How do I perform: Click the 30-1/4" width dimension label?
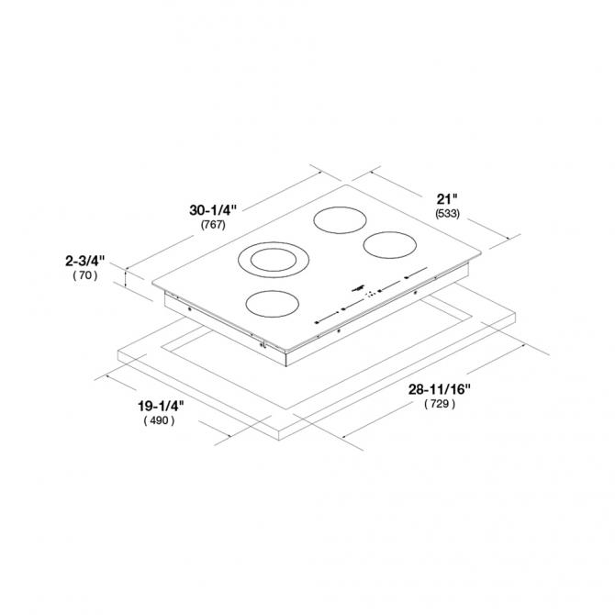click(x=213, y=210)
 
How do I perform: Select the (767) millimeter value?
click(x=213, y=225)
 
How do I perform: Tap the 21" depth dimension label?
click(x=447, y=199)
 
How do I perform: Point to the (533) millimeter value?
click(x=447, y=214)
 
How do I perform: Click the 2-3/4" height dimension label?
click(x=85, y=261)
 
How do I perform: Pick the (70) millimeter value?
click(x=85, y=275)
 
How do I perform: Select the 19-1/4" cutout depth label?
click(x=161, y=406)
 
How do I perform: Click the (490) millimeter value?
click(x=159, y=420)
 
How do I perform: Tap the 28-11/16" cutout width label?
click(x=440, y=389)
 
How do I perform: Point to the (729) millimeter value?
click(x=440, y=404)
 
